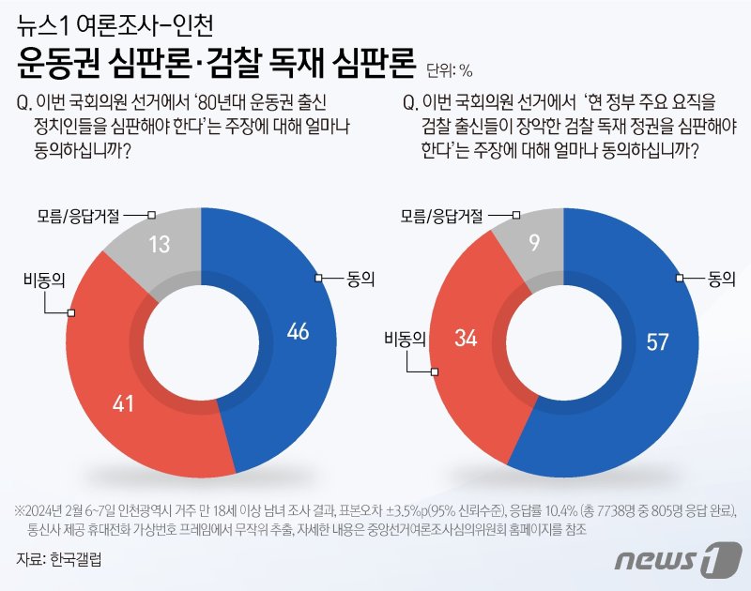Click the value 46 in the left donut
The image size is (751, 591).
(298, 331)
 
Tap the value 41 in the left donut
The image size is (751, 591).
(123, 405)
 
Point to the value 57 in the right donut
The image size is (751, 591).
(657, 342)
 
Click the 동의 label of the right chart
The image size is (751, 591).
(721, 279)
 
